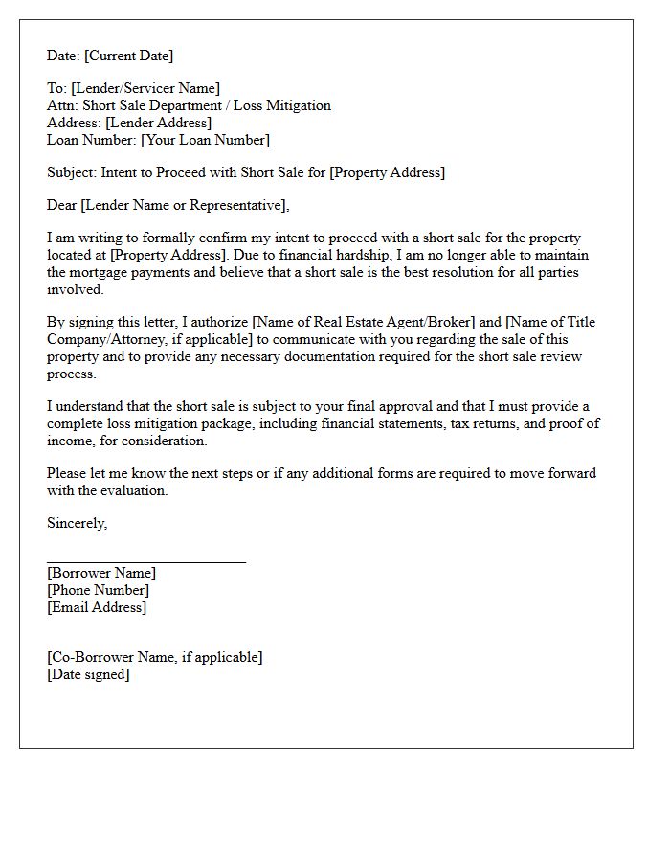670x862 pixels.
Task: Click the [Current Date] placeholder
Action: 129,56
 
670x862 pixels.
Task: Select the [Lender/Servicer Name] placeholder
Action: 145,89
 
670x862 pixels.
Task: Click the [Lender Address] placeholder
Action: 159,124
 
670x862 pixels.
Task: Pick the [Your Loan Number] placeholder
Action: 205,141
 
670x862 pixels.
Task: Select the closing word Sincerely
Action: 77,524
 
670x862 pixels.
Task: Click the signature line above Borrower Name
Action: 146,562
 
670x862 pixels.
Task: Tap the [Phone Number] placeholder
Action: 98,591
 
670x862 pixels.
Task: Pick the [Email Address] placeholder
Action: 97,608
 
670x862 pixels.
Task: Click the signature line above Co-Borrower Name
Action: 146,646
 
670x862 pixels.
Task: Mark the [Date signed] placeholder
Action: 88,675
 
